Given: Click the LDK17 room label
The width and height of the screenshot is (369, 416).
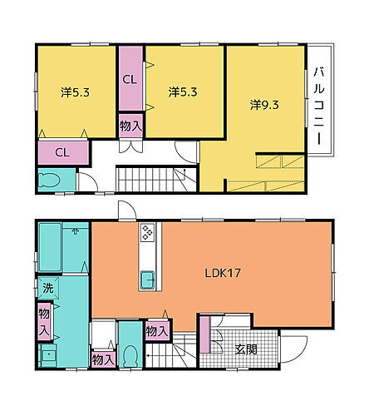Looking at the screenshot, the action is (x=223, y=274).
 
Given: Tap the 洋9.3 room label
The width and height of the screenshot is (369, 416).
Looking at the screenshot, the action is (x=264, y=105).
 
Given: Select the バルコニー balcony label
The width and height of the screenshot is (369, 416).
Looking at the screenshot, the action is (x=319, y=106).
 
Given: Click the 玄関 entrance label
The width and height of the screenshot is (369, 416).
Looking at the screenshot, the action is (x=246, y=349).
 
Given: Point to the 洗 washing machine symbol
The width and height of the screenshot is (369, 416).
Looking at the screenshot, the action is (x=48, y=288).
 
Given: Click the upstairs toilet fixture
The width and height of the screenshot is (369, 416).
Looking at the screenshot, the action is (x=49, y=180).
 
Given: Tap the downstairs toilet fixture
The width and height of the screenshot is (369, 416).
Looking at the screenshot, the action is (x=130, y=356).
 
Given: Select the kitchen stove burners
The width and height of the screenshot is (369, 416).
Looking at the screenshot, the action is (x=147, y=232).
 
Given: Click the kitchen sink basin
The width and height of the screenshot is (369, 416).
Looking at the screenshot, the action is (x=147, y=280).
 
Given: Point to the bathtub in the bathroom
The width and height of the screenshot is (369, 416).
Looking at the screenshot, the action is (x=50, y=247).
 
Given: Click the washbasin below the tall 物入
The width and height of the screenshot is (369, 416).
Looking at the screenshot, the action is (x=48, y=356).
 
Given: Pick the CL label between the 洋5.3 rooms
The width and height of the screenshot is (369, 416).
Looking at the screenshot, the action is (x=130, y=80).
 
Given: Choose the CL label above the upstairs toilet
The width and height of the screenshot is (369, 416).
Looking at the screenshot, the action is (x=62, y=152).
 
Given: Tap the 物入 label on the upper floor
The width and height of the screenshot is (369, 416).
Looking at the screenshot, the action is (x=130, y=126).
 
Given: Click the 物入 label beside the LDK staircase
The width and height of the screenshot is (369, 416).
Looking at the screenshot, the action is (x=157, y=331).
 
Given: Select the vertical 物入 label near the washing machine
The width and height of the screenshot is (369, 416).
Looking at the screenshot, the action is (x=44, y=321).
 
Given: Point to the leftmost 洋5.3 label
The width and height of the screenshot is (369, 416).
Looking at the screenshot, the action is (x=76, y=92).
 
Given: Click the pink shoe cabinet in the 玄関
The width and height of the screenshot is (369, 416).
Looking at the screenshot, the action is (x=205, y=334).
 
